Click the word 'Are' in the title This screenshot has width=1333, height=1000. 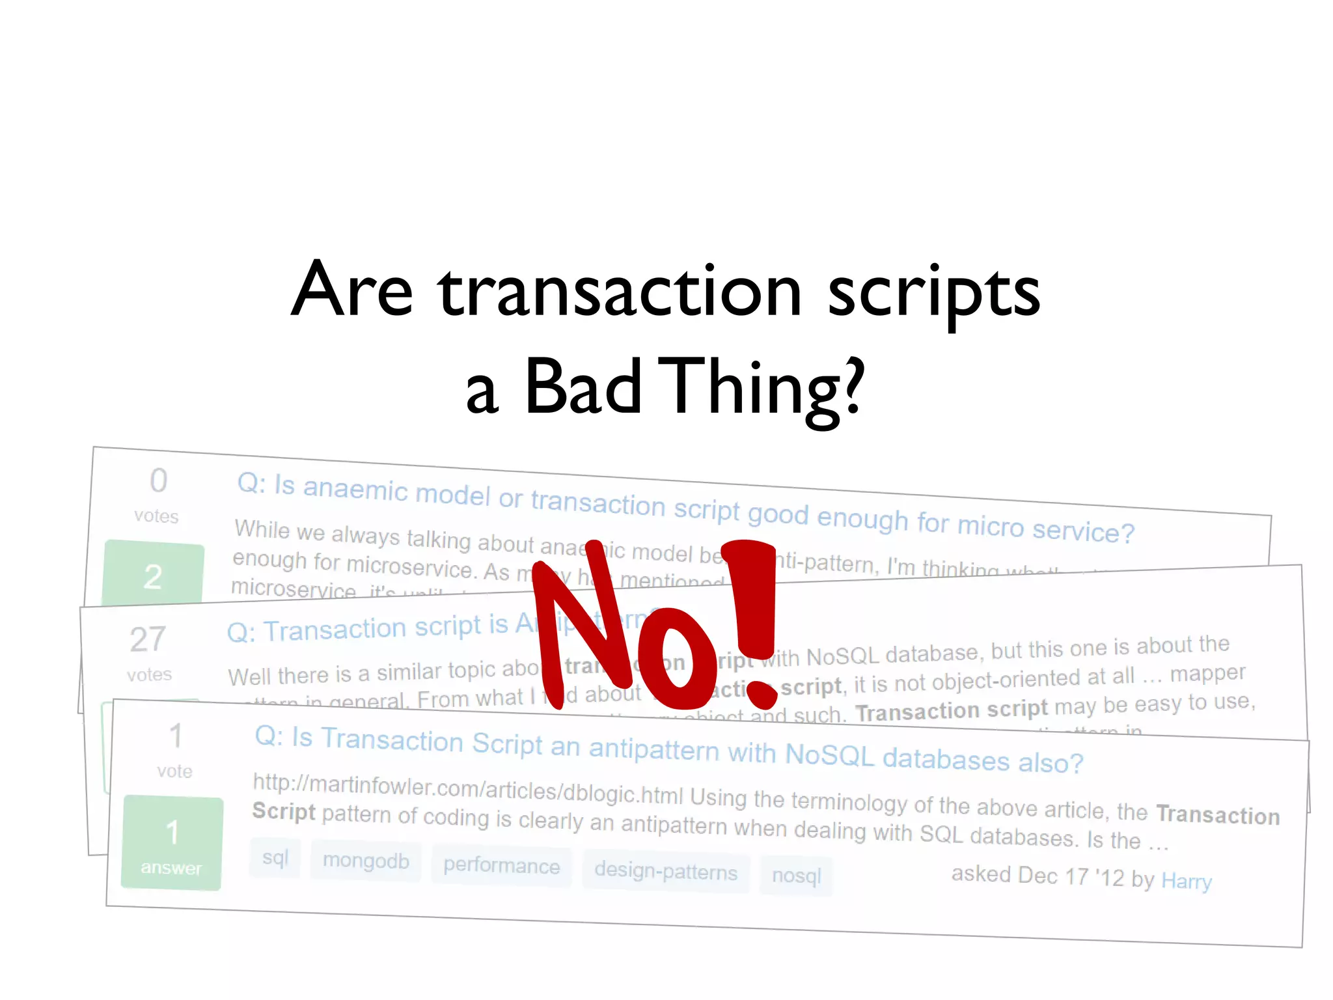pos(352,290)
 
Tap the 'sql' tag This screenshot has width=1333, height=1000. pos(275,857)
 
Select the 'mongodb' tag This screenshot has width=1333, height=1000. pos(366,861)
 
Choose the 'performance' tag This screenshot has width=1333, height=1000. pos(501,866)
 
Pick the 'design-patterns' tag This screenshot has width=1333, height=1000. pos(666,871)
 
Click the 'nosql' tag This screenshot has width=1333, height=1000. pos(796,876)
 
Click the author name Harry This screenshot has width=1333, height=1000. pos(1186,882)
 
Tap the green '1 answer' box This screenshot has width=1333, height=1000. pos(172,843)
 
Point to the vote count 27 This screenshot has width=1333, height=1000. pos(148,639)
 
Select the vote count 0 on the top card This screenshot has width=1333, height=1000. pos(158,481)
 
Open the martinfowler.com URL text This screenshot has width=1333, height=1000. pos(467,789)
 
